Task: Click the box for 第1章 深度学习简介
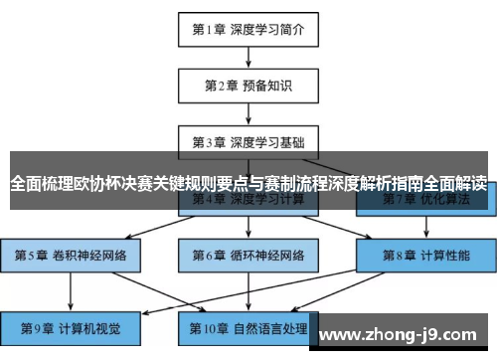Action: click(248, 30)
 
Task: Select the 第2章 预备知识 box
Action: click(248, 85)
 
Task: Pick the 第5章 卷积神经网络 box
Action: click(72, 254)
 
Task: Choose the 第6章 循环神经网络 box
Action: click(248, 254)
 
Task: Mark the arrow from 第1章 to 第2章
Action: click(248, 58)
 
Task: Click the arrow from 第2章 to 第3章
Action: click(248, 112)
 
